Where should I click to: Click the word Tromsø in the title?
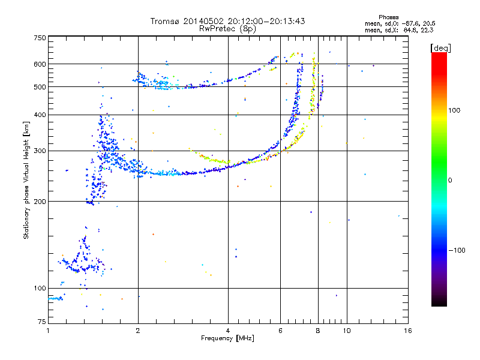166,21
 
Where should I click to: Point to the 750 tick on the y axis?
40,37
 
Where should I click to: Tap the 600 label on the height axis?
40,64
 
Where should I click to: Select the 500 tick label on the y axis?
40,87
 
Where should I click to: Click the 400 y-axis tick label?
40,115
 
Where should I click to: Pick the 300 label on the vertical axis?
40,151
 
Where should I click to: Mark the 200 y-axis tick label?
40,202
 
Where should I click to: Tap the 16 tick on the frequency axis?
407,331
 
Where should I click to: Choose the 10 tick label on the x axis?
346,331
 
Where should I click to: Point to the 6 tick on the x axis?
280,331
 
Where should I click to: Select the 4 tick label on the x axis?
228,331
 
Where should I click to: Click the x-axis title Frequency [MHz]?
227,338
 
